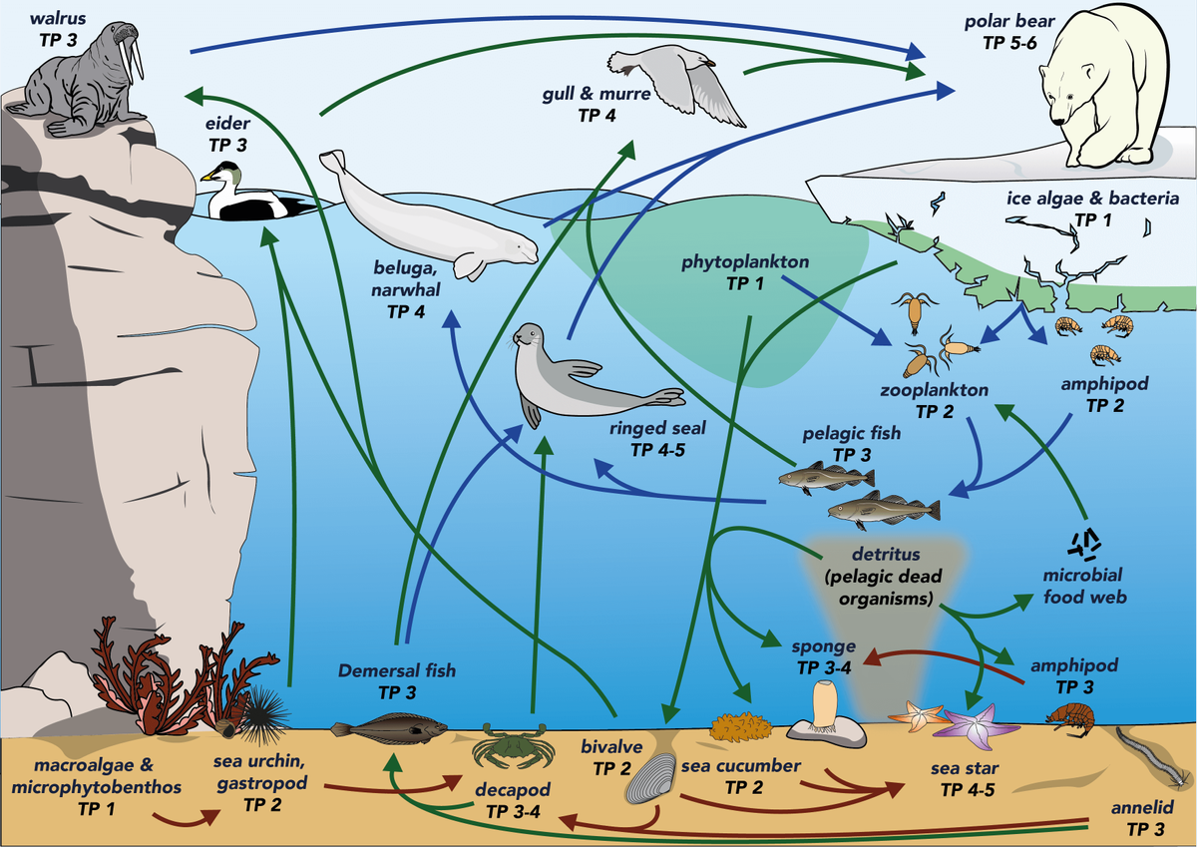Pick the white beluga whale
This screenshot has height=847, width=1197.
429,214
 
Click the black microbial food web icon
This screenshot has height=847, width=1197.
1084,543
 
